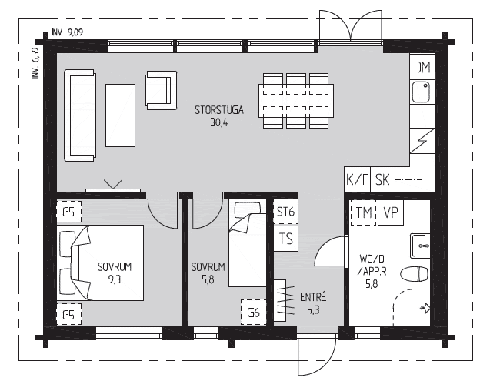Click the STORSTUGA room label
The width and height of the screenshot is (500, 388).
[x=219, y=110]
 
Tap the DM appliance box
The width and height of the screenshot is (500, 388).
[x=422, y=67]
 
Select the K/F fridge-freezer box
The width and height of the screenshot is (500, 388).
[x=358, y=179]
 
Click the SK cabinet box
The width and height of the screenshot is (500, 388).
[x=382, y=179]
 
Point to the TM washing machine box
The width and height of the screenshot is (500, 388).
[x=363, y=212]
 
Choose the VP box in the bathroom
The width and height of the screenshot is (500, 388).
[x=391, y=212]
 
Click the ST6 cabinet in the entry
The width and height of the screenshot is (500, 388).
[x=285, y=212]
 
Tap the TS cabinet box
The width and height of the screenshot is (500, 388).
[x=286, y=239]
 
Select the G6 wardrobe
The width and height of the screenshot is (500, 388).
[x=254, y=313]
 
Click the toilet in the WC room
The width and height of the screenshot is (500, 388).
[x=414, y=274]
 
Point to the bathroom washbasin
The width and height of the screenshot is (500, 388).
[x=420, y=246]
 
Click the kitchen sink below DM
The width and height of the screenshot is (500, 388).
[x=421, y=92]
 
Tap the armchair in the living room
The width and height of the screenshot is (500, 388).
[x=162, y=90]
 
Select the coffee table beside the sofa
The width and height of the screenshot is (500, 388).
[x=120, y=115]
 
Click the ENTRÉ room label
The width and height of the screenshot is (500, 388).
[x=313, y=297]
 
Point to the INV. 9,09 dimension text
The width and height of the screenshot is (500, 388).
[x=67, y=32]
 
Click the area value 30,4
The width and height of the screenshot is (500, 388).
[x=219, y=122]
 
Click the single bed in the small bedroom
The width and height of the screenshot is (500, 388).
[x=248, y=243]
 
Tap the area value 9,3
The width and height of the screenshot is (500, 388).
[x=115, y=279]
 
